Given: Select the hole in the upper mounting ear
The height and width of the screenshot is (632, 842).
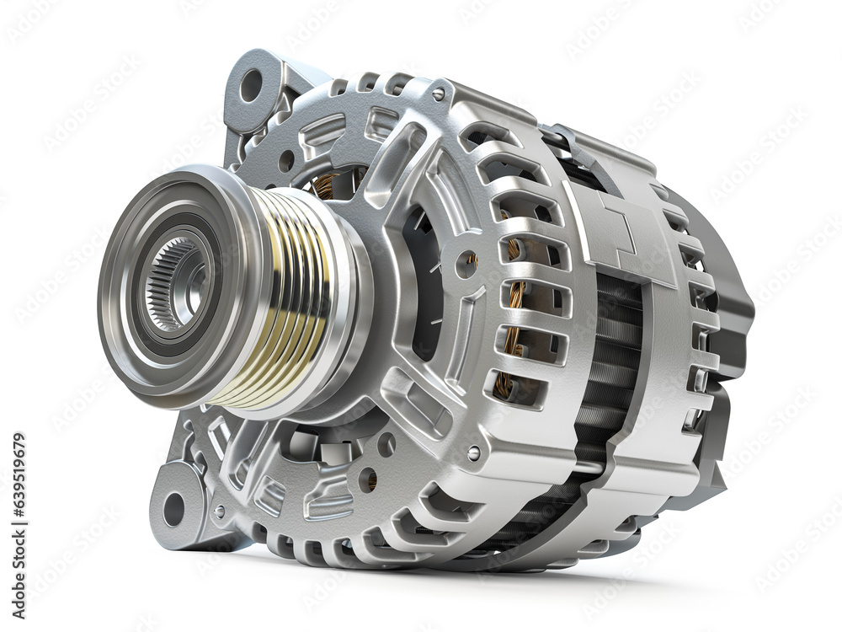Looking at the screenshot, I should coord(251,85).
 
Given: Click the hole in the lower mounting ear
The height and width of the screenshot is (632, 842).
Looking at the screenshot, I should coord(173,508).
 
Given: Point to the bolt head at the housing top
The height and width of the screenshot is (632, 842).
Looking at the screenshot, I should coord(439,94).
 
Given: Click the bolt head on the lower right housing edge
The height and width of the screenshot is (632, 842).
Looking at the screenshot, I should coord(474,453).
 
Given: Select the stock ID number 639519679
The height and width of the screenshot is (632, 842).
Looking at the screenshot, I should coord(19,489).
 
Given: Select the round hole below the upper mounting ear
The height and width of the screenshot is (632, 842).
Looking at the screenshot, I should coord(286,160).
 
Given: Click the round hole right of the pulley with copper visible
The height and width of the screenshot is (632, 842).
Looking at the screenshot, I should coord(466,264).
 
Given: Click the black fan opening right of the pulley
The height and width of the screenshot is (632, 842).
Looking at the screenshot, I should coord(421,278).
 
